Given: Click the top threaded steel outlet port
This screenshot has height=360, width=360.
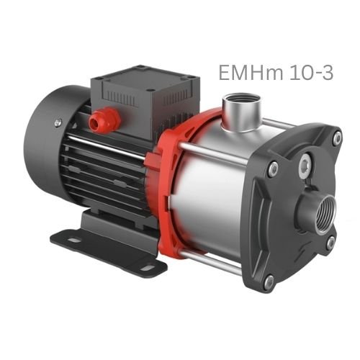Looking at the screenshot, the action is click(241, 112).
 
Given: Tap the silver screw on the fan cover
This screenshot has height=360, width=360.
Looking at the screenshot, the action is click(57, 122).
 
